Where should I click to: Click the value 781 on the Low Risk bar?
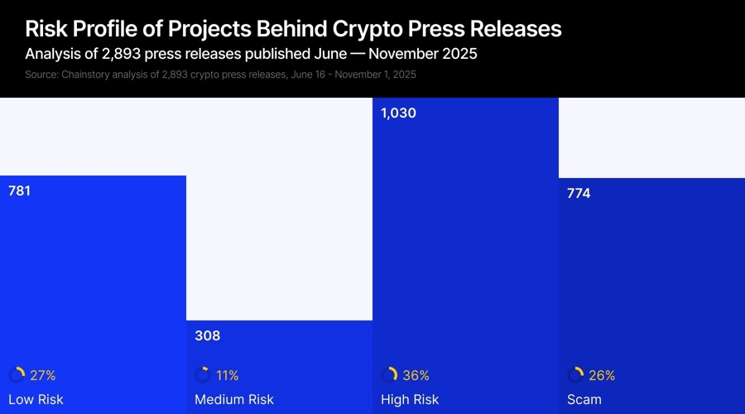tap(20, 190)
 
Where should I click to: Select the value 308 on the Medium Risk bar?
tap(207, 335)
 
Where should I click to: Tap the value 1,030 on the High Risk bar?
tap(398, 113)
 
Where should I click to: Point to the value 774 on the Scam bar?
tap(579, 194)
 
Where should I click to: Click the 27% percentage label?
tap(43, 375)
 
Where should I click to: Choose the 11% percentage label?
tap(228, 375)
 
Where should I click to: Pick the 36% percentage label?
tap(416, 375)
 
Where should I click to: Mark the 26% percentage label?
tap(602, 375)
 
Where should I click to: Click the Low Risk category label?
tap(36, 400)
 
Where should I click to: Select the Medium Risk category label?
tap(233, 400)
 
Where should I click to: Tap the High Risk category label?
tap(410, 400)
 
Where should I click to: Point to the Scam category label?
tap(584, 400)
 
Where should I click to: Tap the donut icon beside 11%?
tap(203, 375)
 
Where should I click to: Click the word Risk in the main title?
tap(46, 29)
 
